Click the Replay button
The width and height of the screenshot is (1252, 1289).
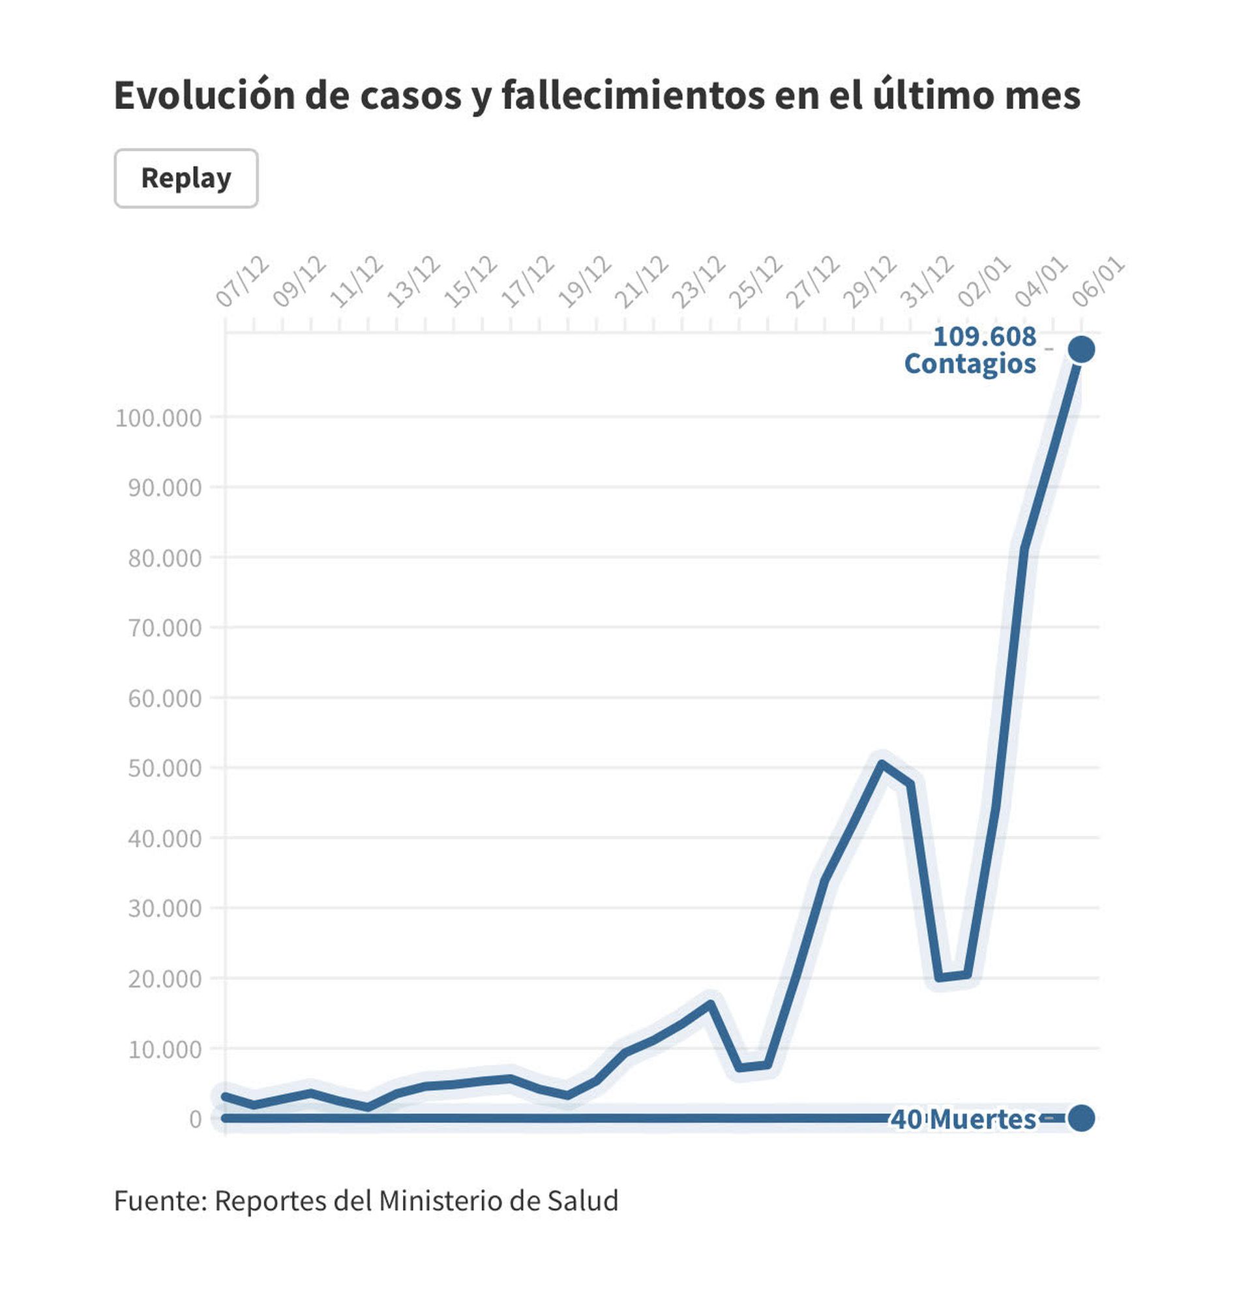[x=186, y=178]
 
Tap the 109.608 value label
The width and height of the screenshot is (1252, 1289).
[x=985, y=337]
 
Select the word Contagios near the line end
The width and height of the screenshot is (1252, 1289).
[x=970, y=364]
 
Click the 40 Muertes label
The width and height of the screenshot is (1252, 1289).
[x=963, y=1119]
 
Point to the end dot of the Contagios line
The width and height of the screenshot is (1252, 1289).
[x=1082, y=349]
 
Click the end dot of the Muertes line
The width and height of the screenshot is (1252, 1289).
[x=1082, y=1118]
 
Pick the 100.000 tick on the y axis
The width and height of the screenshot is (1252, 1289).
[x=158, y=417]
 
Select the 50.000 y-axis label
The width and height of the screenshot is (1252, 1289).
[x=165, y=768]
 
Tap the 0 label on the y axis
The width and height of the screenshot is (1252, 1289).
[x=195, y=1119]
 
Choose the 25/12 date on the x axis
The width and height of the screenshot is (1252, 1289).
[x=756, y=282]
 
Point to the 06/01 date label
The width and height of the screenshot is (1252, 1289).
[x=1098, y=282]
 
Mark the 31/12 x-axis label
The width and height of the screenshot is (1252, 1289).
[x=927, y=282]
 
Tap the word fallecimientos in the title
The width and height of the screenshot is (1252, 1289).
[x=633, y=95]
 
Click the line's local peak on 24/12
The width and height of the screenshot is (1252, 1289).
[x=710, y=1004]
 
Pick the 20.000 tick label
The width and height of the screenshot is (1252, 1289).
[x=165, y=979]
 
